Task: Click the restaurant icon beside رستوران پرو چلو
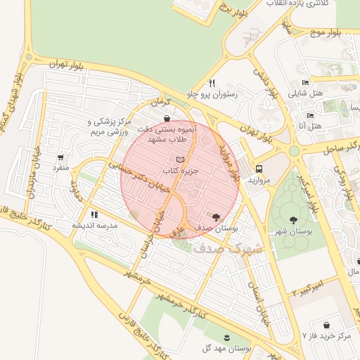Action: click(212, 82)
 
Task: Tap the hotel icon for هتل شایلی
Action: click(304, 82)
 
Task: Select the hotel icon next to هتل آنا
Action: click(310, 115)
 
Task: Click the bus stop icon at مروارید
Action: click(259, 169)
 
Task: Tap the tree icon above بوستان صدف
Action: click(215, 217)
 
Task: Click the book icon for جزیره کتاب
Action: click(181, 160)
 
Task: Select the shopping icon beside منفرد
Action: click(60, 157)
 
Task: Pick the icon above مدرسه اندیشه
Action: click(94, 214)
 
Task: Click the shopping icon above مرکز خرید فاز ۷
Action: click(327, 325)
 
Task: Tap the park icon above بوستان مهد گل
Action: click(226, 337)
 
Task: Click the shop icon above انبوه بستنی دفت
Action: click(166, 118)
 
